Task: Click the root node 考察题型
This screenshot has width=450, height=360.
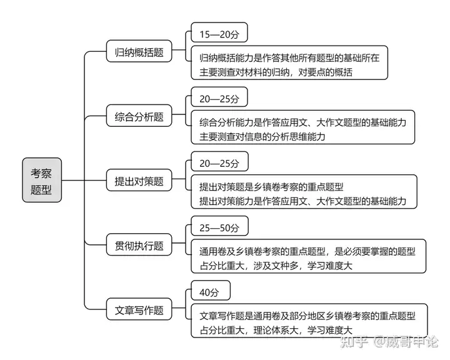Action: [42, 180]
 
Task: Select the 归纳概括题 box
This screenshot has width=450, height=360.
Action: [139, 51]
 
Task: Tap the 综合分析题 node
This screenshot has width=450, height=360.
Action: [139, 116]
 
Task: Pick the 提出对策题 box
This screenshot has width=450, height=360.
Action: [139, 180]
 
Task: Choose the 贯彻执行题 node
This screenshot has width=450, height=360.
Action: [139, 245]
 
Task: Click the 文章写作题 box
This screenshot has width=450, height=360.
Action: [139, 309]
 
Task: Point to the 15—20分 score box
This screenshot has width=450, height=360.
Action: [219, 32]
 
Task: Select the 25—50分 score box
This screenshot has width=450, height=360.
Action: [219, 226]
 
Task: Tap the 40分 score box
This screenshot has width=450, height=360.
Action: [211, 291]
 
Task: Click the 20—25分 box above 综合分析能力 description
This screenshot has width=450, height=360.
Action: [219, 97]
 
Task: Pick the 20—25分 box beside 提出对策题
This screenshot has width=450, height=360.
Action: [219, 162]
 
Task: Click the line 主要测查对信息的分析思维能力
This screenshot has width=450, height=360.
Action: [262, 136]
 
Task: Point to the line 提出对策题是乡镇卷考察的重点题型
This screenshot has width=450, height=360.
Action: [271, 187]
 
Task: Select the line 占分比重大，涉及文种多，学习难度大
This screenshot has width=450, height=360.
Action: [276, 266]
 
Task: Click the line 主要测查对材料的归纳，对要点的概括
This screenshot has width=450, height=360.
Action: [276, 72]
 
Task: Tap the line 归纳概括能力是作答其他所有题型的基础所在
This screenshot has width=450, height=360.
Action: [289, 58]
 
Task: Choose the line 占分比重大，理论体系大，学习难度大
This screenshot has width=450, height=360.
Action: [276, 330]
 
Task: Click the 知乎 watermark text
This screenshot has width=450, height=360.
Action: [354, 342]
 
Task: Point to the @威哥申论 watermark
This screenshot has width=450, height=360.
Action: [405, 342]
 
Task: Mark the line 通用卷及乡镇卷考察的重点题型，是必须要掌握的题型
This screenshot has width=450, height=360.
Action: [307, 251]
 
